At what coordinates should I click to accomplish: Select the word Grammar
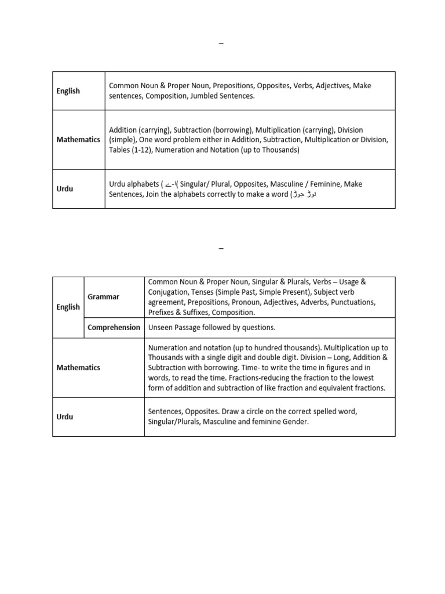pos(103,296)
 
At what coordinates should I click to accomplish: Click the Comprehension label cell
pos(114,327)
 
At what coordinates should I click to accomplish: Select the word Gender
pos(294,422)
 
